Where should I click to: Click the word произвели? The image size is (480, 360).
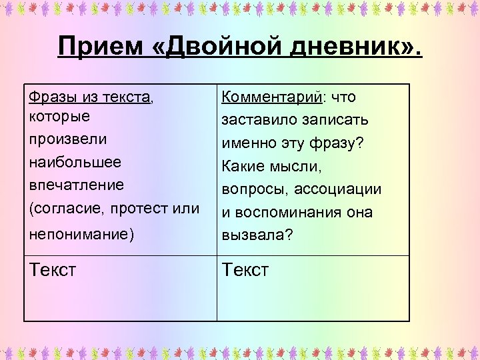click(x=64, y=139)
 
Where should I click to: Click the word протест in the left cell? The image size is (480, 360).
click(x=145, y=208)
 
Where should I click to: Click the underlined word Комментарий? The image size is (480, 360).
click(x=271, y=97)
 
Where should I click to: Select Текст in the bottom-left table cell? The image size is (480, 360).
click(x=53, y=270)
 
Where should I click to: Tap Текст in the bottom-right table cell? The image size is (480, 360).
click(x=245, y=270)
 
